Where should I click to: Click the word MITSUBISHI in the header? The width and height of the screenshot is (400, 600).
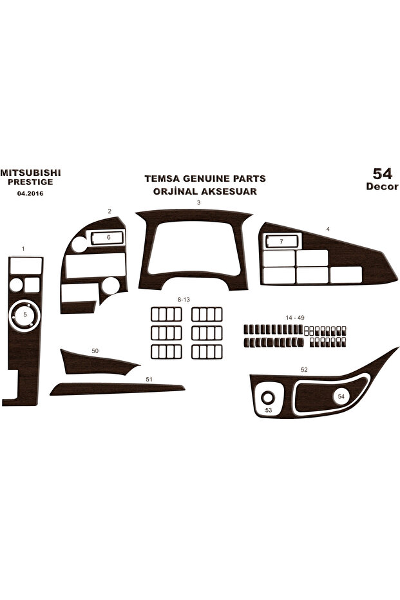(x=30, y=173)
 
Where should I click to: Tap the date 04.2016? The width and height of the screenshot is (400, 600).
(x=30, y=193)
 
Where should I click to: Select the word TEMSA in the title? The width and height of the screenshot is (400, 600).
(x=162, y=179)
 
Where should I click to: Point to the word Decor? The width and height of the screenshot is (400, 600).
(x=382, y=186)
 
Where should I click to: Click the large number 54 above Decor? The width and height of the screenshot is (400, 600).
(x=383, y=174)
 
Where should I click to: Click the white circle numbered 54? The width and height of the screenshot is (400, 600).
(x=341, y=396)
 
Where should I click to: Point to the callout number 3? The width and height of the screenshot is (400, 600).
(x=198, y=203)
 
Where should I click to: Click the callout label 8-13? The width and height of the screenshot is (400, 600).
(x=184, y=300)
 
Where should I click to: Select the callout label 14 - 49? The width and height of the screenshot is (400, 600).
(x=295, y=318)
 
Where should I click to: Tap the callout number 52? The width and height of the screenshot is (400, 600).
(x=304, y=370)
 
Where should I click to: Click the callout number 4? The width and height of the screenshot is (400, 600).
(x=328, y=229)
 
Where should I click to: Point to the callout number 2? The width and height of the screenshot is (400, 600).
(x=110, y=211)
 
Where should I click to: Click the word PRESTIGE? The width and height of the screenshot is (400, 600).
(x=30, y=182)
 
